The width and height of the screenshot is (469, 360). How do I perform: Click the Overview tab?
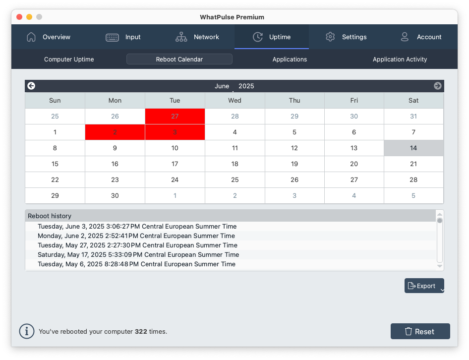pyautogui.click(x=49, y=37)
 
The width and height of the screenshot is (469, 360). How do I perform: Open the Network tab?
pyautogui.click(x=197, y=37)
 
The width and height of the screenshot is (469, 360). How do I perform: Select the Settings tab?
pyautogui.click(x=346, y=37)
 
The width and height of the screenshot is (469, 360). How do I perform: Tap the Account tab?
pyautogui.click(x=420, y=37)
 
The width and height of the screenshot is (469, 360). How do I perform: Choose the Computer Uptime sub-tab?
pyautogui.click(x=69, y=60)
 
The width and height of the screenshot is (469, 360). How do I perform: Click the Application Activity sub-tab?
pyautogui.click(x=400, y=60)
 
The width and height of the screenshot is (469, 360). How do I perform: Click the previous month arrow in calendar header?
pyautogui.click(x=31, y=86)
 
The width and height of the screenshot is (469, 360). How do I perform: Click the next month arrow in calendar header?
pyautogui.click(x=438, y=86)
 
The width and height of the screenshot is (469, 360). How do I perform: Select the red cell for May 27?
pyautogui.click(x=175, y=117)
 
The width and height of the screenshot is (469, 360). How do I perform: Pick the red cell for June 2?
pyautogui.click(x=115, y=132)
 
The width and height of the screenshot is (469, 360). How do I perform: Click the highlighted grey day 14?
pyautogui.click(x=413, y=148)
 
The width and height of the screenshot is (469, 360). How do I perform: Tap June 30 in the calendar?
pyautogui.click(x=115, y=196)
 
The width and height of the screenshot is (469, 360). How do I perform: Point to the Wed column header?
pyautogui.click(x=235, y=101)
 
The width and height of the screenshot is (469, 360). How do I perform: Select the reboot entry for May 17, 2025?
pyautogui.click(x=138, y=255)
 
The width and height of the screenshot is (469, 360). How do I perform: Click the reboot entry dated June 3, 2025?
pyautogui.click(x=137, y=227)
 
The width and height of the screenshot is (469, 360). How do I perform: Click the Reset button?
pyautogui.click(x=420, y=332)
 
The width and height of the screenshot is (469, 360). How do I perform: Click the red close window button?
pyautogui.click(x=20, y=17)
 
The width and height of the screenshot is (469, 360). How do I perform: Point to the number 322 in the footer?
pyautogui.click(x=141, y=332)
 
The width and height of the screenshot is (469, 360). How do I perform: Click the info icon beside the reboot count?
pyautogui.click(x=27, y=331)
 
